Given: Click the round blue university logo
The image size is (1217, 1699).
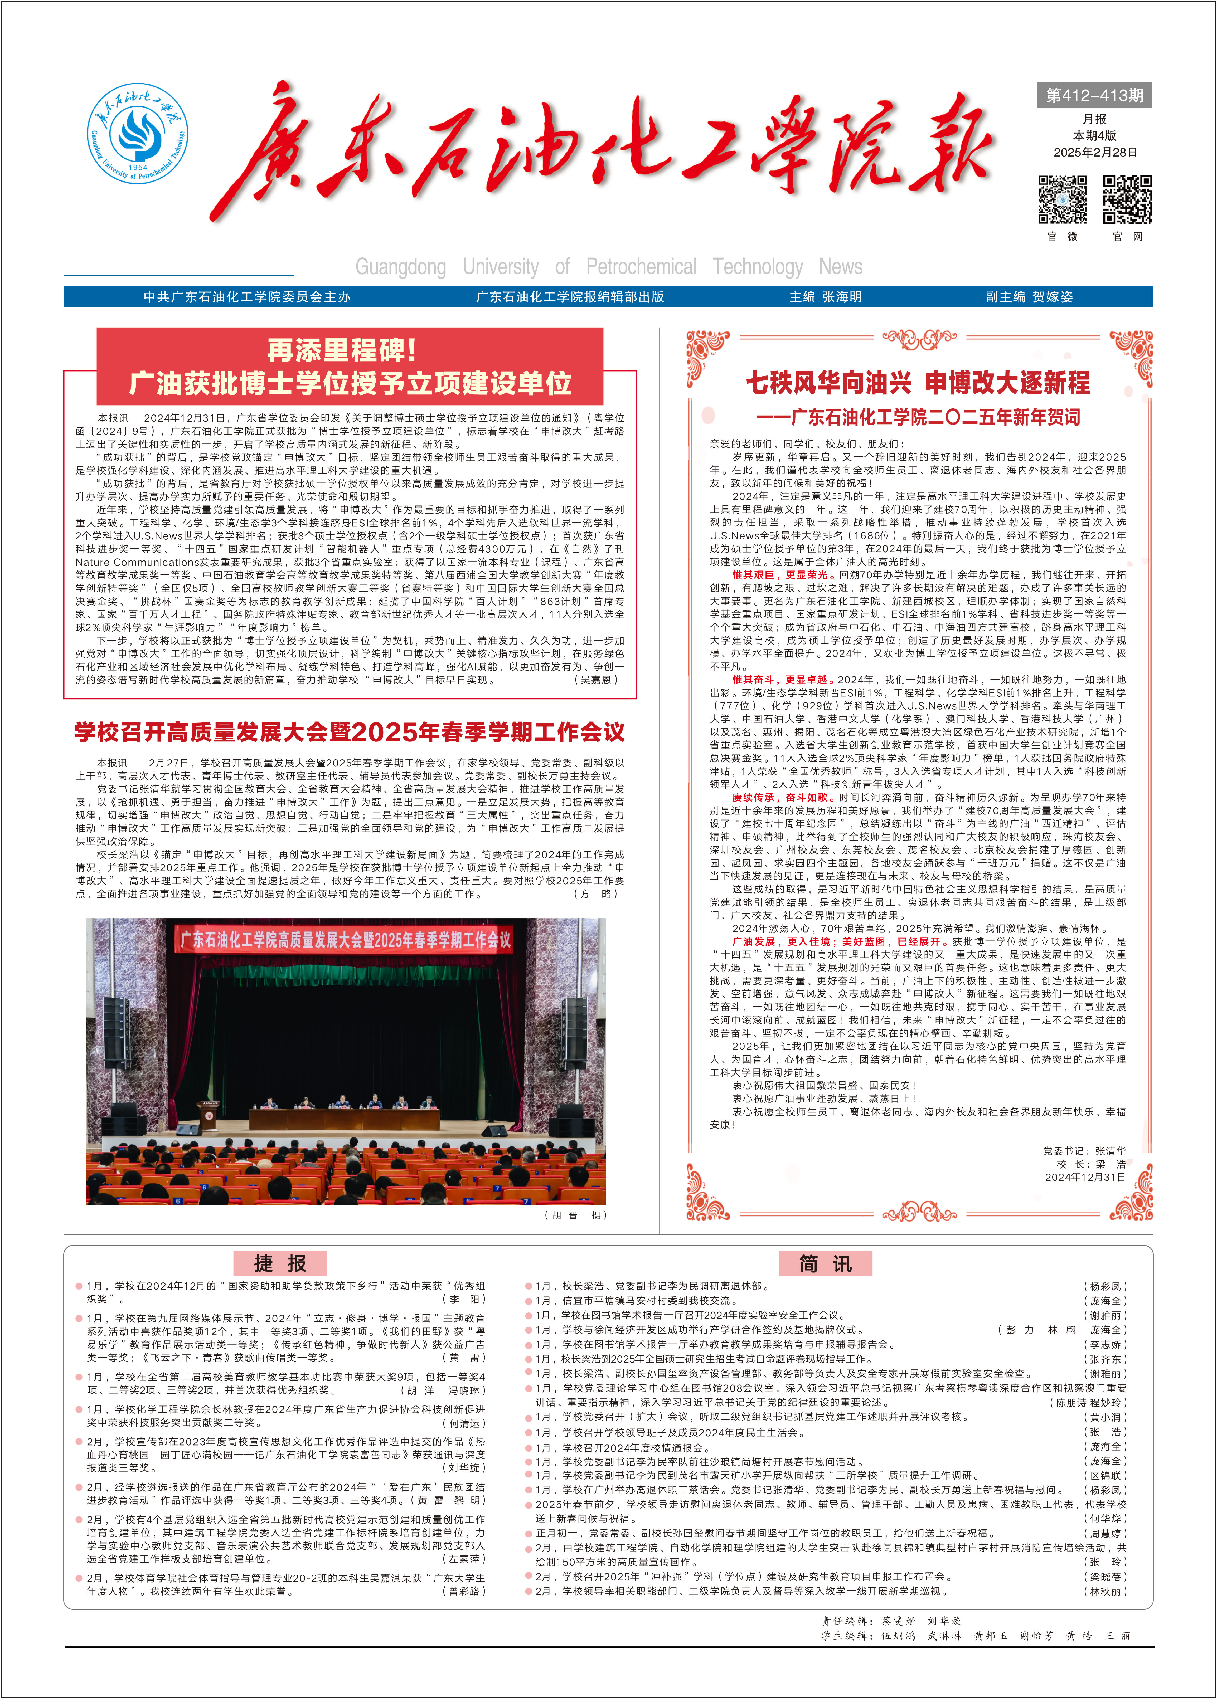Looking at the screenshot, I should click(137, 133).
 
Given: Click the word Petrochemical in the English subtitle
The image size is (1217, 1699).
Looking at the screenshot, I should click(641, 267).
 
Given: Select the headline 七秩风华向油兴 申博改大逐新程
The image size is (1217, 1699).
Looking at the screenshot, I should click(918, 383).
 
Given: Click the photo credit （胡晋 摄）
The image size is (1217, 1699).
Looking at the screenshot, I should click(575, 1215).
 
